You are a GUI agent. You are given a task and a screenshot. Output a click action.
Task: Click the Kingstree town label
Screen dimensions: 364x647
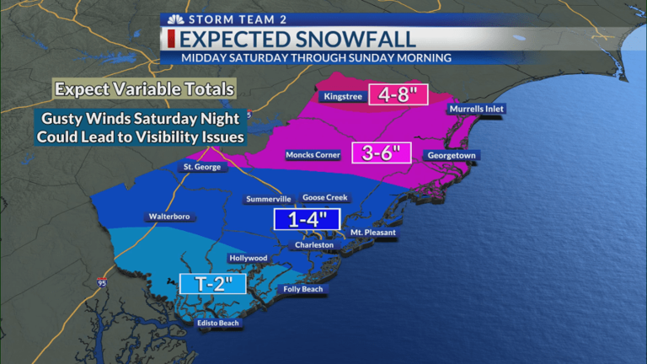(x=343, y=97)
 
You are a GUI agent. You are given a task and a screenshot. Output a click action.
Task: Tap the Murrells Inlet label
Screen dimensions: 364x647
(x=477, y=110)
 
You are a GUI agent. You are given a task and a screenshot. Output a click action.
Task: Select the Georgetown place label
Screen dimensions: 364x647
(x=452, y=156)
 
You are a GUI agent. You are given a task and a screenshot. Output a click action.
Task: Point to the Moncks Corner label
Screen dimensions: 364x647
(x=312, y=156)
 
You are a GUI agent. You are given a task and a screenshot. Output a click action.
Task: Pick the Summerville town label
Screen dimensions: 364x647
(x=269, y=200)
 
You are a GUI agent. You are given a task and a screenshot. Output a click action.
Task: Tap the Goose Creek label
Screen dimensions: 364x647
(x=325, y=197)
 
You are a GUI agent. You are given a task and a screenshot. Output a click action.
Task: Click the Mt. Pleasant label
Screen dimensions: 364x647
(x=373, y=232)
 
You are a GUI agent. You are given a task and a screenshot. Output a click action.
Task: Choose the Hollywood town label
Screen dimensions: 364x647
(x=248, y=258)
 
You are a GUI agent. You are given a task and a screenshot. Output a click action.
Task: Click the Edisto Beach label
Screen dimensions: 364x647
(x=218, y=323)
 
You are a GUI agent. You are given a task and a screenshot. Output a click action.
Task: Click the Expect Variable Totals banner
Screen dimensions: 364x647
(x=143, y=88)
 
